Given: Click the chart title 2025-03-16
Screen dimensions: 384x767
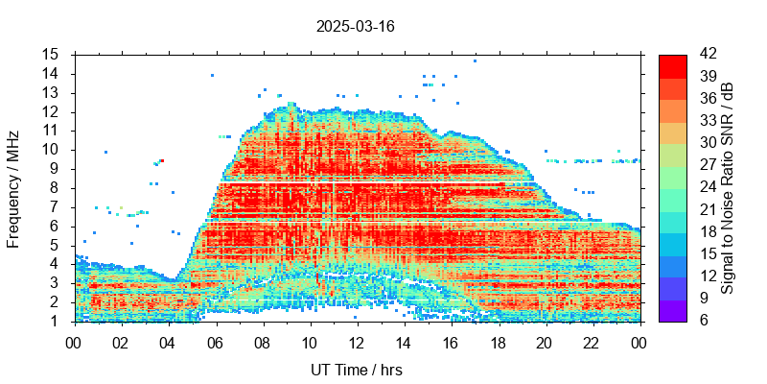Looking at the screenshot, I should pyautogui.click(x=355, y=27).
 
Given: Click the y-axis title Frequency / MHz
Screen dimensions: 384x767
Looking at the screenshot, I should pyautogui.click(x=13, y=188).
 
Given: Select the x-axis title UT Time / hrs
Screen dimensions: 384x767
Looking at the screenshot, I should pyautogui.click(x=356, y=370).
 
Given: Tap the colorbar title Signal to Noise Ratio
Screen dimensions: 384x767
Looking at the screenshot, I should pyautogui.click(x=728, y=188).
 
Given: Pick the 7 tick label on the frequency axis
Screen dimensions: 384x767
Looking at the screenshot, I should pyautogui.click(x=56, y=206).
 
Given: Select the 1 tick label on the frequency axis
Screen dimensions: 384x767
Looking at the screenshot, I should pyautogui.click(x=56, y=321).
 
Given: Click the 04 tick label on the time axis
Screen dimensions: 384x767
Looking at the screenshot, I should pyautogui.click(x=168, y=342).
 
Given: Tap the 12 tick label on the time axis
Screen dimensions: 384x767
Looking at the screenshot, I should pyautogui.click(x=357, y=342).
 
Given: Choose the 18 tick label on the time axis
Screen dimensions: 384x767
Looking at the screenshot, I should pyautogui.click(x=498, y=342).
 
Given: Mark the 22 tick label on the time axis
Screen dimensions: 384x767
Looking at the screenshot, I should pyautogui.click(x=592, y=342).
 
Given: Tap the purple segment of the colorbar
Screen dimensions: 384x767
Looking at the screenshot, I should pyautogui.click(x=672, y=310).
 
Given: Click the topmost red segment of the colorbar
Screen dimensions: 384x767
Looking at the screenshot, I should pyautogui.click(x=672, y=65).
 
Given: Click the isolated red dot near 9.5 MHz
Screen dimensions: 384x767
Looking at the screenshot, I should pyautogui.click(x=162, y=161).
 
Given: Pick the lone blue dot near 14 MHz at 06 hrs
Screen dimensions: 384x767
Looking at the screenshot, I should pyautogui.click(x=212, y=75).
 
